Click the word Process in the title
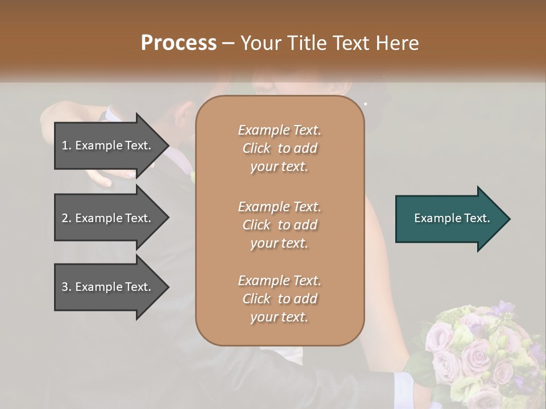pos(178,43)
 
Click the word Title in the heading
pos(308,43)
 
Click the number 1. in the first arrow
pos(67,145)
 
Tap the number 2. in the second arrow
pos(67,218)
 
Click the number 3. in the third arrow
pos(67,287)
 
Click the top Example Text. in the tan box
pos(279,130)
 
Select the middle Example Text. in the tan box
pos(279,206)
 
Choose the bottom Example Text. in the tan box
pos(279,281)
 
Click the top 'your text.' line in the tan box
pos(279,167)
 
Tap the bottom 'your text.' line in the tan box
pos(279,318)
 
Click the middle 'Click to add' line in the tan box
pos(279,225)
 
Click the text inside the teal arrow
pos(452,218)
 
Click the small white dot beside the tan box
pos(365,104)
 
